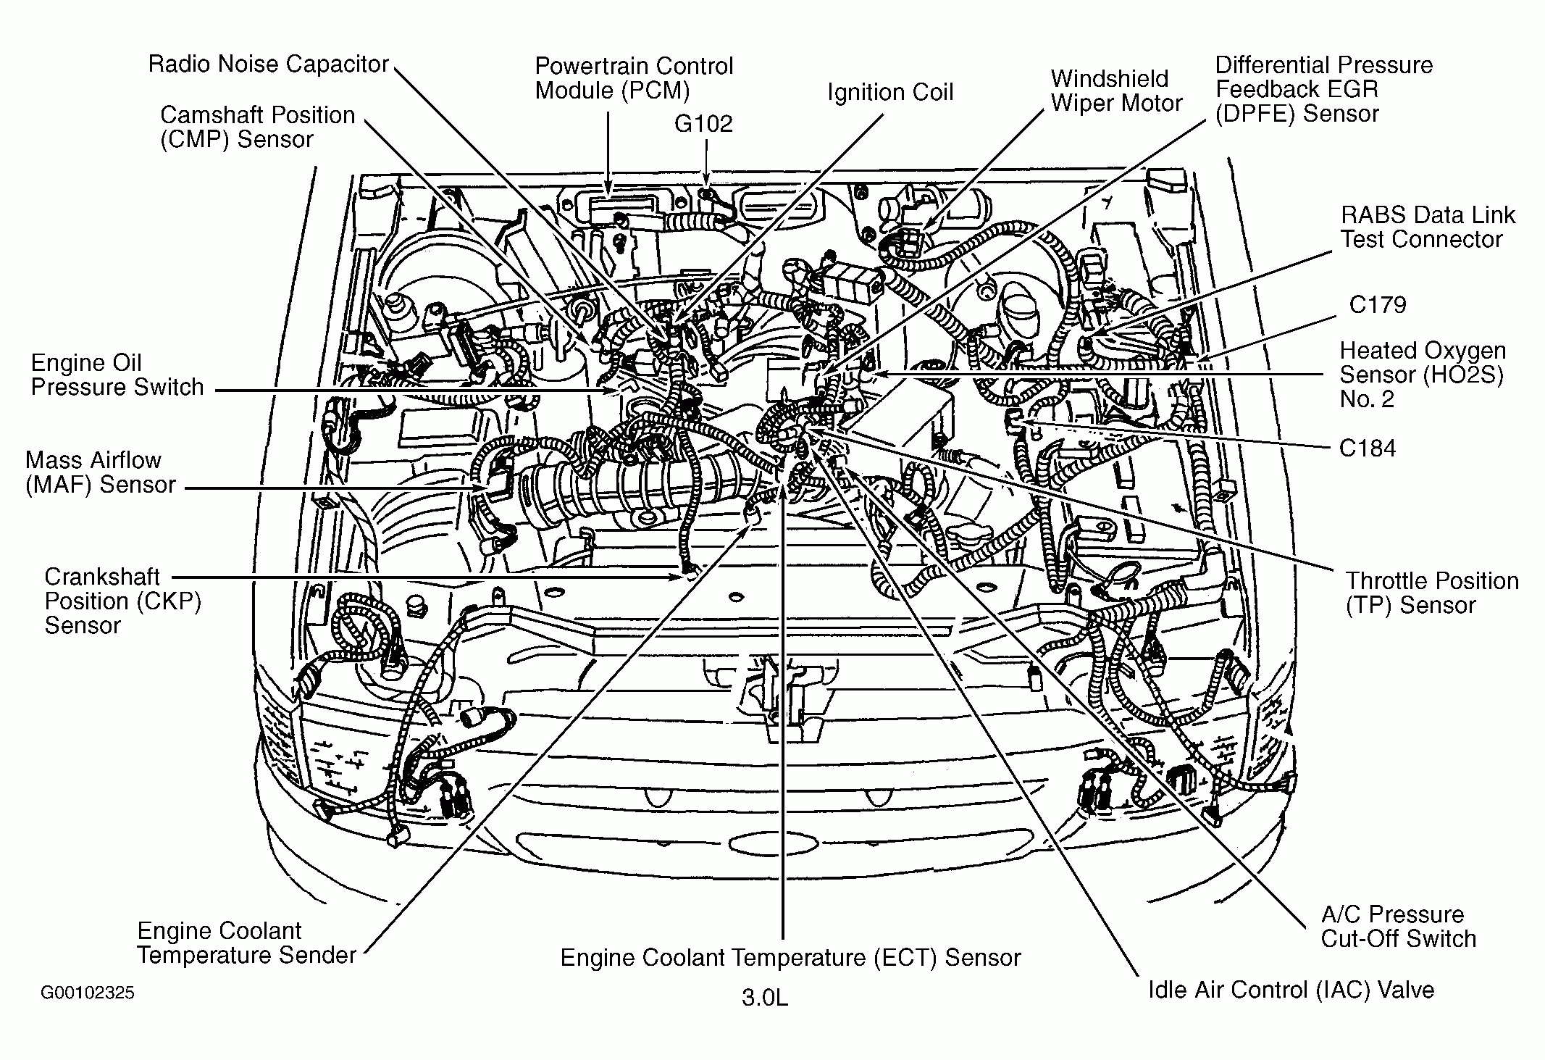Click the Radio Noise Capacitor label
[x=269, y=64]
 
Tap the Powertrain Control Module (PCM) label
[x=634, y=78]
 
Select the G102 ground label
[x=703, y=124]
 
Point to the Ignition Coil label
[x=890, y=93]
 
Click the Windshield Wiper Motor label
[x=1116, y=91]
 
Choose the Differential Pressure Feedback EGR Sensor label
[x=1323, y=89]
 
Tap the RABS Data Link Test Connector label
[x=1427, y=227]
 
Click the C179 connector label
[x=1378, y=304]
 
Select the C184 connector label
[x=1368, y=448]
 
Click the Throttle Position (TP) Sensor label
[x=1432, y=593]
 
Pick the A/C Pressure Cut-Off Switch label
[x=1398, y=926]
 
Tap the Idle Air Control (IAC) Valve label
[x=1291, y=990]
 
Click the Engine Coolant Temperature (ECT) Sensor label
[x=790, y=958]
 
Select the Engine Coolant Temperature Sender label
[x=246, y=943]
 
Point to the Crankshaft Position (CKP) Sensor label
[x=122, y=601]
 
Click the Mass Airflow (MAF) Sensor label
[x=100, y=472]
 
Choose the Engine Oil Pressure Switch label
[x=117, y=375]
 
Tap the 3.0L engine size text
[x=764, y=998]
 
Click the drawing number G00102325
[x=87, y=992]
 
